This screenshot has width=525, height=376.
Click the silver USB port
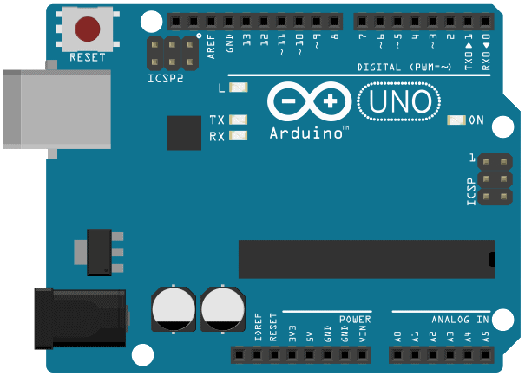(57, 109)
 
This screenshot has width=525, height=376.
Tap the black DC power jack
(81, 319)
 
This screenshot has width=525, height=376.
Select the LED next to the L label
(239, 88)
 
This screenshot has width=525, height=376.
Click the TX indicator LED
(239, 120)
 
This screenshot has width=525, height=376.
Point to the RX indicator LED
(239, 136)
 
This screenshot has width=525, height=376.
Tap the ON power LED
(456, 120)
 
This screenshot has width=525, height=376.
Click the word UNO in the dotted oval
(400, 101)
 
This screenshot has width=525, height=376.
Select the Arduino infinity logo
(310, 101)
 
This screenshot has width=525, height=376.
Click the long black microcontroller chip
(367, 259)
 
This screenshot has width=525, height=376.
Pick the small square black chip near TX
(184, 133)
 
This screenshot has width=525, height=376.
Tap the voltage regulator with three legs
(99, 252)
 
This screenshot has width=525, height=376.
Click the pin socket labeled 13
(246, 22)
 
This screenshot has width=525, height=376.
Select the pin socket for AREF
(211, 22)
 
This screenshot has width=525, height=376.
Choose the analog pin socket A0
(397, 355)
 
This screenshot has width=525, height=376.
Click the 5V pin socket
(310, 355)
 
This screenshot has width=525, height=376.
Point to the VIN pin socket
(362, 355)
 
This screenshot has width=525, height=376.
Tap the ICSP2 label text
(166, 79)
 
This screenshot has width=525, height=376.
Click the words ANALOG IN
(461, 320)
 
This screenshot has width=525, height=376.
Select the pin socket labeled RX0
(485, 22)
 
